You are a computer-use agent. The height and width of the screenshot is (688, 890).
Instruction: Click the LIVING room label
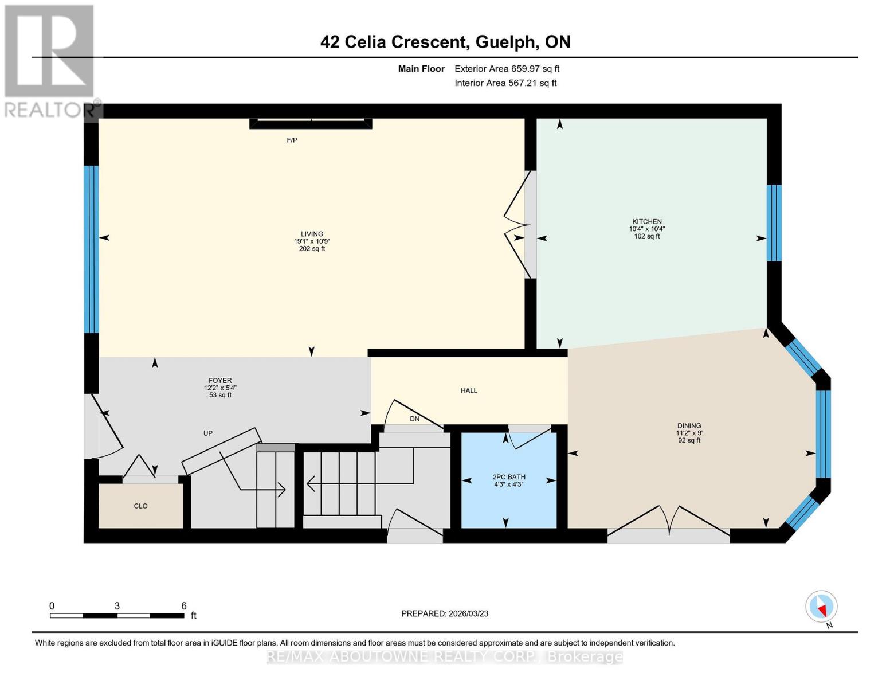tap(312, 234)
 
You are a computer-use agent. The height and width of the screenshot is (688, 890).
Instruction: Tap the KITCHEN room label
tap(646, 221)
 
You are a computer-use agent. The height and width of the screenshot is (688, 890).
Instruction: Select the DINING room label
tap(689, 426)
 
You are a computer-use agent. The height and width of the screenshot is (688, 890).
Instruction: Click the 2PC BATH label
tap(509, 477)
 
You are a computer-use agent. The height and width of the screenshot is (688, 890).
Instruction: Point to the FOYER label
tap(220, 380)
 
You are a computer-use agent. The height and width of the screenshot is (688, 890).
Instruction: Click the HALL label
tap(469, 390)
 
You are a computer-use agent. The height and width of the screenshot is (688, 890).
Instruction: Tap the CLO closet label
tap(140, 506)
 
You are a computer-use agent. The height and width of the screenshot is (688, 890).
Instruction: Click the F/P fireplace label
tap(292, 140)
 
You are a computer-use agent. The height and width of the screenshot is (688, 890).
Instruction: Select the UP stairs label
tap(208, 433)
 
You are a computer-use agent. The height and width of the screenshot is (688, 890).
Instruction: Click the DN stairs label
tap(414, 419)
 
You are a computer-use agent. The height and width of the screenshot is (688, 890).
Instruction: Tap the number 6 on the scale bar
tap(184, 606)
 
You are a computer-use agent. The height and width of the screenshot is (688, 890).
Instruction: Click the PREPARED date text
tap(445, 613)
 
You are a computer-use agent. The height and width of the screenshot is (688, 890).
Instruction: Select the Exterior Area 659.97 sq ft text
tap(507, 69)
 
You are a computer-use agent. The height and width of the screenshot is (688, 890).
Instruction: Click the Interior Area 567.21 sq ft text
tap(505, 83)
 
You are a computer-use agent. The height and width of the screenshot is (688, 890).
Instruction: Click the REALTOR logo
tap(49, 60)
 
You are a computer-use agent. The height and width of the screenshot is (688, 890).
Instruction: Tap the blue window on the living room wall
tap(91, 249)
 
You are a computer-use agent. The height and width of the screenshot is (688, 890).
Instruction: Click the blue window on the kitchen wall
tap(774, 222)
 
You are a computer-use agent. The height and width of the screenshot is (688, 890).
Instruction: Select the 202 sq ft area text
tap(312, 249)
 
